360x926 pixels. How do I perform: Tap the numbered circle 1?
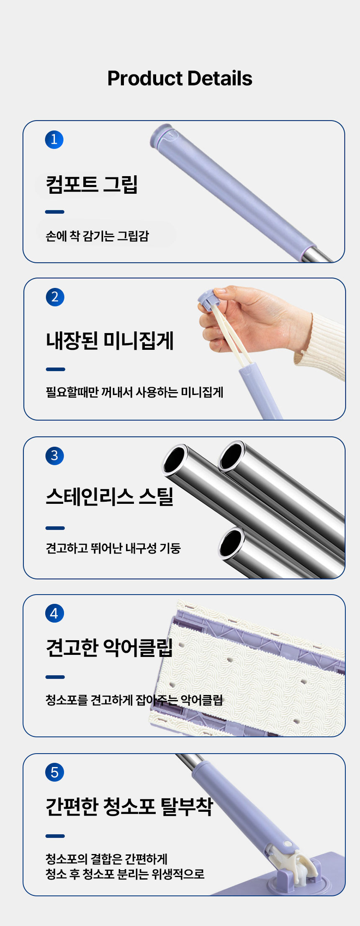tap(54, 139)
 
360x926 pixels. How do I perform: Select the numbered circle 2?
tap(55, 297)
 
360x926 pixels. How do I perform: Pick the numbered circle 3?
tap(54, 456)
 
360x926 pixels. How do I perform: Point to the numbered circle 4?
tap(54, 613)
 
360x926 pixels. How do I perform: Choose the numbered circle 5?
tap(54, 772)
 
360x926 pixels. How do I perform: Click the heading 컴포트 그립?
tap(92, 184)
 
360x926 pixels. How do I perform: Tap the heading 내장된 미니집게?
tap(110, 341)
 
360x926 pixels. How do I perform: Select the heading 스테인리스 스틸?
tap(110, 497)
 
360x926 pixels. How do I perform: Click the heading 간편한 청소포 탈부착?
tap(129, 806)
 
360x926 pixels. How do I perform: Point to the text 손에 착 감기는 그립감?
tap(97, 236)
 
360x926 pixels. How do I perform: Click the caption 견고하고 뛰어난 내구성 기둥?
tap(113, 548)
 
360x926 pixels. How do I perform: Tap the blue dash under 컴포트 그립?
tap(55, 212)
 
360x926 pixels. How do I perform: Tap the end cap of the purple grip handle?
tap(161, 135)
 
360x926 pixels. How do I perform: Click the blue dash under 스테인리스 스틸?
tap(55, 528)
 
